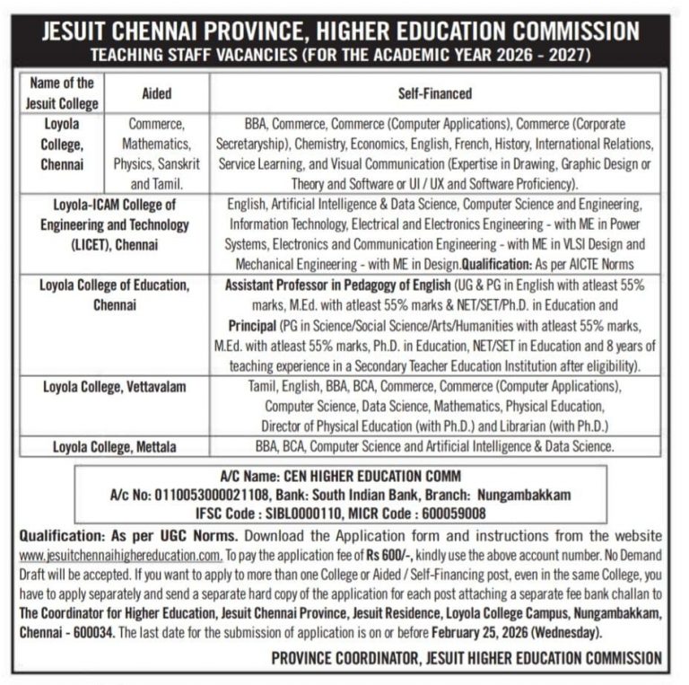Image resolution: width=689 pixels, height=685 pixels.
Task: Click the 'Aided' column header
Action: coord(157,93)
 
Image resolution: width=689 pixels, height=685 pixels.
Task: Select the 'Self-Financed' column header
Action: coord(434,93)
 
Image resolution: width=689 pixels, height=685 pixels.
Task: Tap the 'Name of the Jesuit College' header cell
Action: coord(62,93)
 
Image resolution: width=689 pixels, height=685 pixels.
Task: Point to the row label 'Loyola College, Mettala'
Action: coord(114,446)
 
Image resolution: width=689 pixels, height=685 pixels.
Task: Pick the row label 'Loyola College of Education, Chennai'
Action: coord(114,295)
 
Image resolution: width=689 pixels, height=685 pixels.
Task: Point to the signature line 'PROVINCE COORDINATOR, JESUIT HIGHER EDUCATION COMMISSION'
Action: coord(466,658)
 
